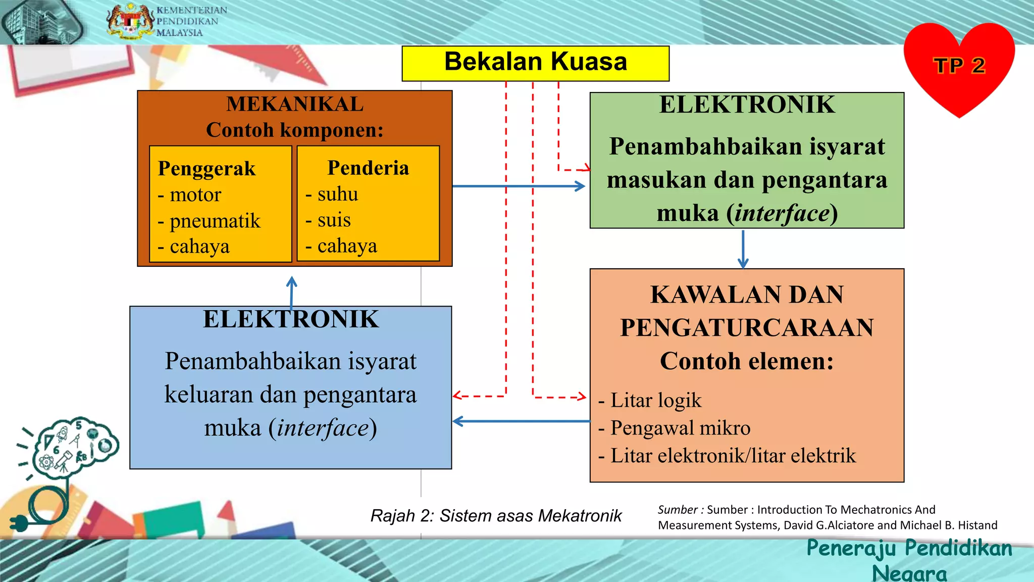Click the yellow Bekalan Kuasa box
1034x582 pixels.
535,63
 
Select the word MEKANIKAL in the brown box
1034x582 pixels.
295,104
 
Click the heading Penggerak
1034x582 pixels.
206,168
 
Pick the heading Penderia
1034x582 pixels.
368,168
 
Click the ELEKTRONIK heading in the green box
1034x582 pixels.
747,105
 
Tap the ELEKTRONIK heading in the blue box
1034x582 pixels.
291,319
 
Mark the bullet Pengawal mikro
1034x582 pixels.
680,428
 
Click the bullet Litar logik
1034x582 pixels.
655,400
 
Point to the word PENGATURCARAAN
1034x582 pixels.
747,327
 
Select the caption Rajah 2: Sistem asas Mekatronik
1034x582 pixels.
496,516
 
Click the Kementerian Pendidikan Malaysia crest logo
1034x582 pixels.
130,21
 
